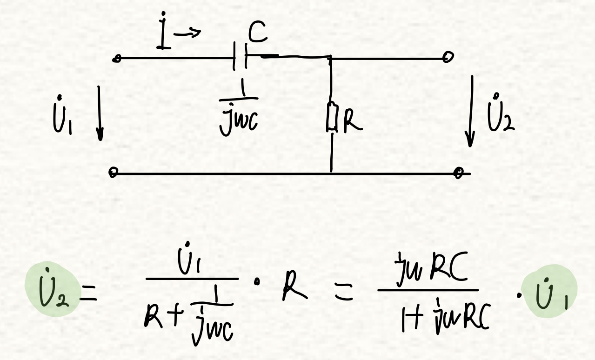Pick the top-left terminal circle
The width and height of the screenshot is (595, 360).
[117, 59]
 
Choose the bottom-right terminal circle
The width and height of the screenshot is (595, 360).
[460, 173]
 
